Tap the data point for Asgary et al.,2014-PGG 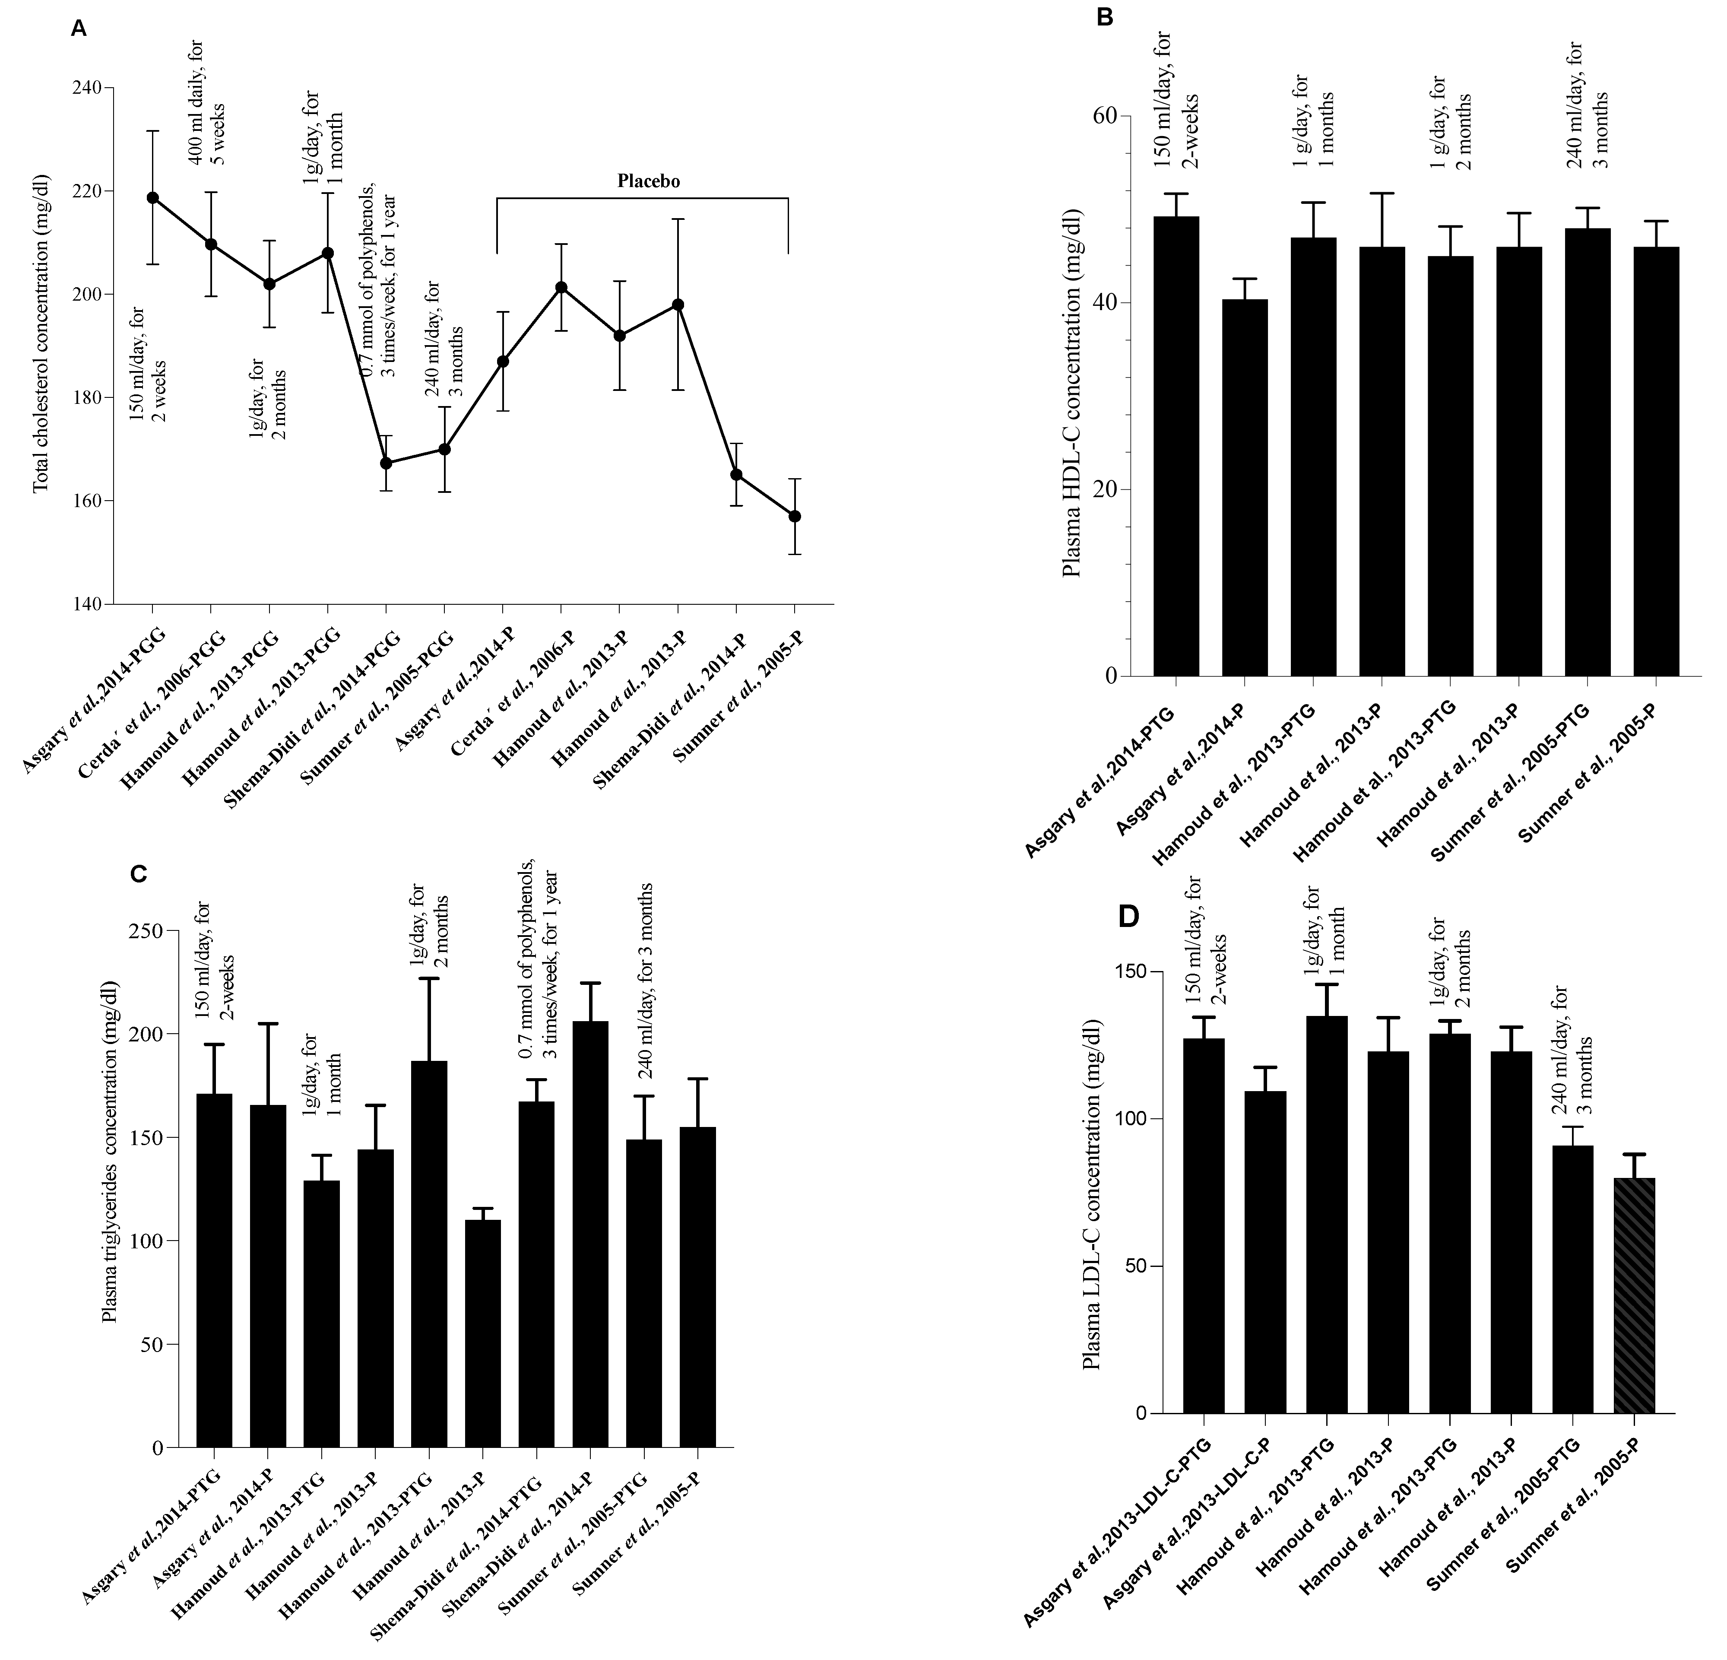click(x=152, y=197)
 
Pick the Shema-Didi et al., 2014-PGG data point click(x=385, y=463)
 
